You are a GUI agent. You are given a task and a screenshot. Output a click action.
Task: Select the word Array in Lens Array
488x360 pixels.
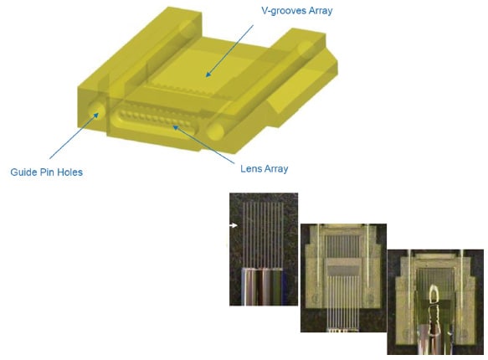275,168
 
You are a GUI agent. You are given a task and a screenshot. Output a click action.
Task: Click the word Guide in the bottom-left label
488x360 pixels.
24,172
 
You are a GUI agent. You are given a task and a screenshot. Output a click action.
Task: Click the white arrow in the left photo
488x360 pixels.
235,225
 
